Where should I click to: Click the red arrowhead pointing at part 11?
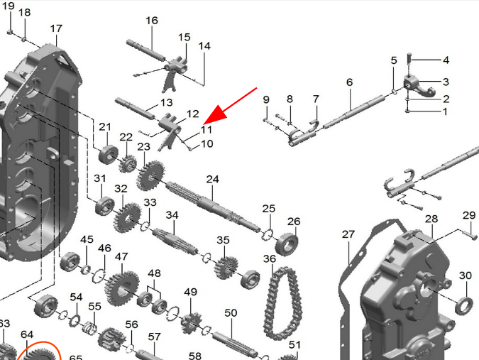tap(217, 114)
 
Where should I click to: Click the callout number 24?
tap(213, 179)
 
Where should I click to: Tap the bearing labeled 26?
tap(287, 244)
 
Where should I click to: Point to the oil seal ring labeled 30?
tap(464, 305)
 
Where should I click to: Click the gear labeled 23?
tap(150, 175)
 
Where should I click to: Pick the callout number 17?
tap(56, 28)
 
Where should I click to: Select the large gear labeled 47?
tap(122, 288)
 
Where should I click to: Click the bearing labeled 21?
tap(109, 155)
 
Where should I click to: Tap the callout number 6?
tap(349, 82)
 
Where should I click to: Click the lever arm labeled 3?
tap(419, 86)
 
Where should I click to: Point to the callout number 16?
tap(152, 21)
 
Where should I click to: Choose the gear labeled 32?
tap(128, 217)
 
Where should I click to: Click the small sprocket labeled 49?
tap(191, 322)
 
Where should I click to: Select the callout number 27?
tap(348, 234)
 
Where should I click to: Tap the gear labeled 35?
tap(226, 268)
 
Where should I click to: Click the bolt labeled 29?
tap(468, 233)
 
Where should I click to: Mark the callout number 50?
tap(231, 313)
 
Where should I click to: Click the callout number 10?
tap(207, 143)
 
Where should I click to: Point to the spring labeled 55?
tap(90, 328)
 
